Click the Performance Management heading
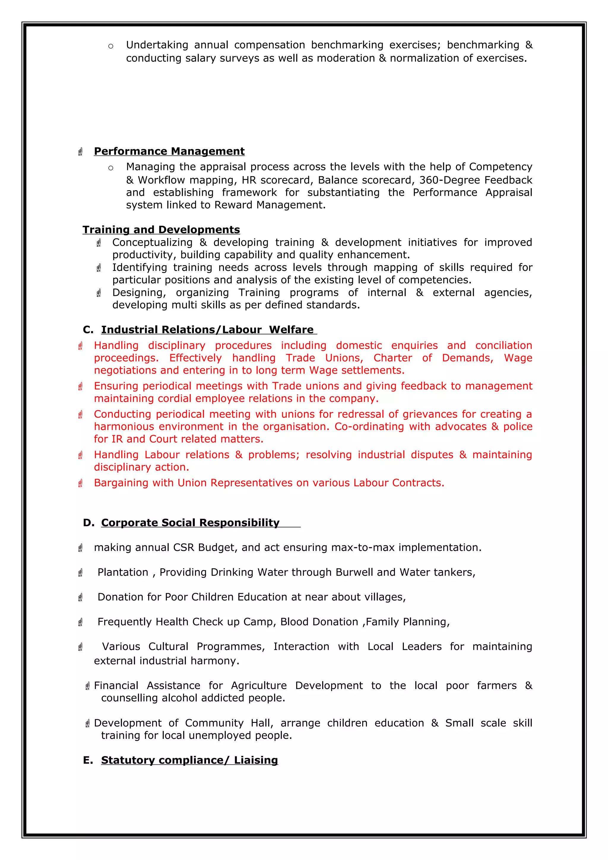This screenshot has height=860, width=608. point(169,151)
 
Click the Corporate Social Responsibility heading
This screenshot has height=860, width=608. point(190,523)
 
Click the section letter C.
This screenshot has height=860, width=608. point(88,330)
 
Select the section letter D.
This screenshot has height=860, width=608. point(88,523)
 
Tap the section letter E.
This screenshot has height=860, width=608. point(88,760)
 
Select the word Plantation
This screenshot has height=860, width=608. point(123,572)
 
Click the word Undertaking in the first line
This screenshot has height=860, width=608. point(157,45)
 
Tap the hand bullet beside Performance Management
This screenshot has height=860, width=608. point(80,152)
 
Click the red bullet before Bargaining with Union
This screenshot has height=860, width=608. point(80,483)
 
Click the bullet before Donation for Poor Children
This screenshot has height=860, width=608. point(80,597)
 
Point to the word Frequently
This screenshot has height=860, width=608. point(125,622)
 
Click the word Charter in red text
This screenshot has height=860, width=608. point(392,358)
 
